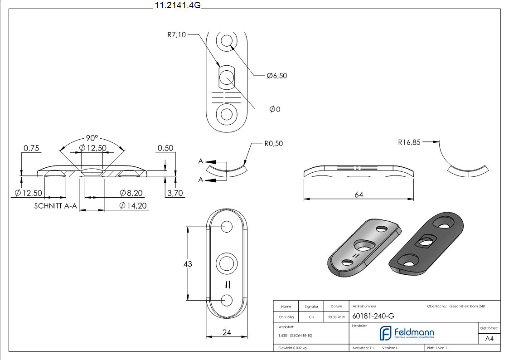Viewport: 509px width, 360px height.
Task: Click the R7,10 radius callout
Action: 176,35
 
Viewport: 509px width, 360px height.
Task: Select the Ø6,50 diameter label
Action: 276,76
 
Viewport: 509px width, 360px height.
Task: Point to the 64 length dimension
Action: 359,195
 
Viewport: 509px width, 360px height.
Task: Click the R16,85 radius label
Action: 409,142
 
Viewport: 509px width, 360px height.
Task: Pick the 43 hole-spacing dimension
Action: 187,263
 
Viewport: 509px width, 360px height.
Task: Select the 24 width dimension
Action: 227,332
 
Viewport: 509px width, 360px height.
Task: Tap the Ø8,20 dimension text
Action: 131,193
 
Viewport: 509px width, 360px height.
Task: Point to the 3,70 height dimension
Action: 175,193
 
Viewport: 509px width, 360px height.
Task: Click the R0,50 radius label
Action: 273,144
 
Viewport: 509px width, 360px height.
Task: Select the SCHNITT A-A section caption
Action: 56,206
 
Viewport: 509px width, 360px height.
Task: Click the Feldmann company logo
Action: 407,333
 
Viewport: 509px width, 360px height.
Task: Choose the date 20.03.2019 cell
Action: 336,317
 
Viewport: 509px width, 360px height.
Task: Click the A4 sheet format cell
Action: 489,338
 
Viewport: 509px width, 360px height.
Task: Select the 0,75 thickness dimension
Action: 32,148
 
